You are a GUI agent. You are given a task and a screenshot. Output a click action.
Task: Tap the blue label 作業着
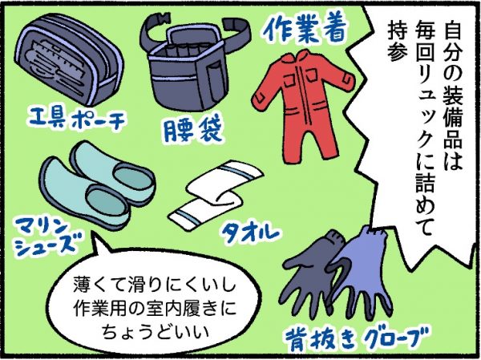[x=305, y=29]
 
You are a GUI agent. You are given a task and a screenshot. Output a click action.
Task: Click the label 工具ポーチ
[x=77, y=119]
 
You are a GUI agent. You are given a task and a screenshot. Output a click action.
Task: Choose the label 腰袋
[x=192, y=131]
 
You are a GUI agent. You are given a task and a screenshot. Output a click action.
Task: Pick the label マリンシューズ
[x=46, y=238]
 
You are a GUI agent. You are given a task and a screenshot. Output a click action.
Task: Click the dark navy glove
[x=311, y=277]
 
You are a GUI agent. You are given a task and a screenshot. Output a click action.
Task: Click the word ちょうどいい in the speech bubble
[x=156, y=333]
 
